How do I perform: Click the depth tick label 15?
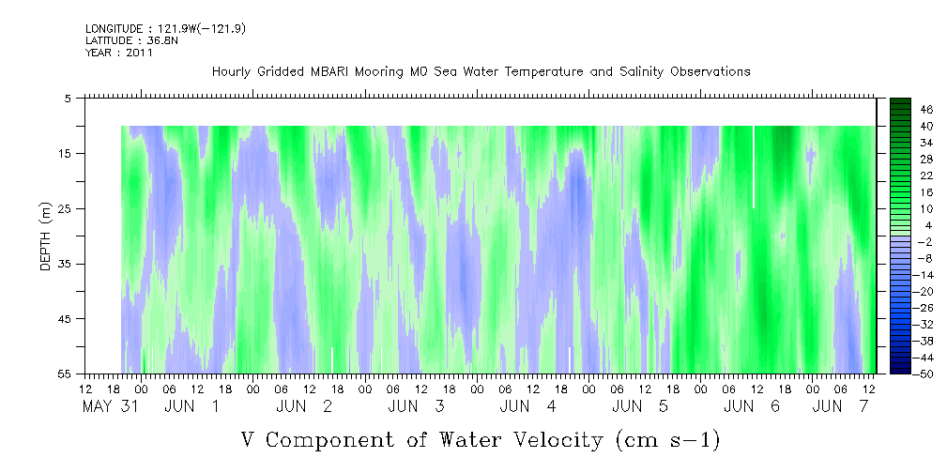tap(67, 153)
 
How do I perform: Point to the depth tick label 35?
tap(67, 264)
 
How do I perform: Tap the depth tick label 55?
tap(67, 374)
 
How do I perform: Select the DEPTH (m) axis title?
tap(47, 236)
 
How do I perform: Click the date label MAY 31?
tap(110, 406)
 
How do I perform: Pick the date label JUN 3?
tap(416, 406)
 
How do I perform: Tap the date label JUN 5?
tap(640, 406)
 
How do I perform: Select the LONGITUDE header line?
tap(165, 29)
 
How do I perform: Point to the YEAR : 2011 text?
tap(119, 53)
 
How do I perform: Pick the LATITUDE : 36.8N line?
tap(131, 40)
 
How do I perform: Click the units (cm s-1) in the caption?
tap(668, 441)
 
